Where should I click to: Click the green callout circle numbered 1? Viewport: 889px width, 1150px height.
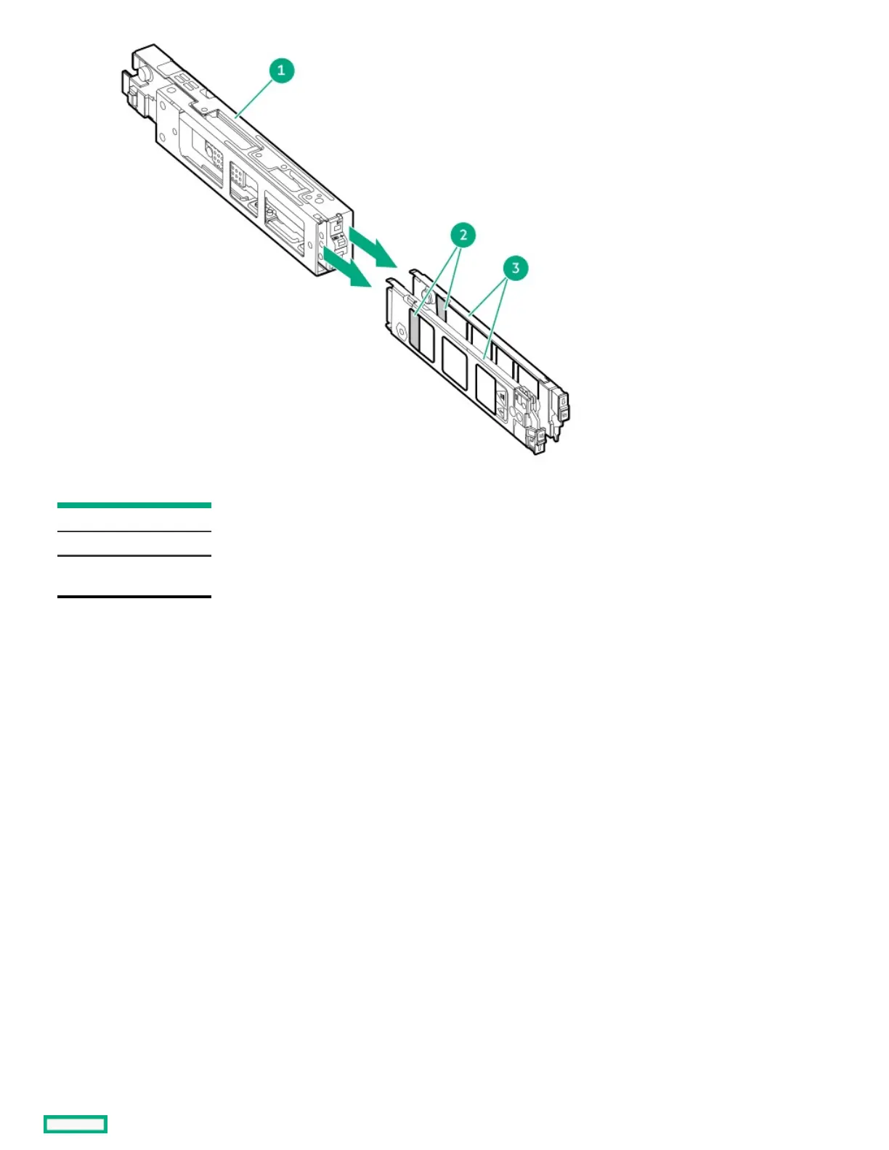[281, 70]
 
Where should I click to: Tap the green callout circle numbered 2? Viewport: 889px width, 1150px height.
[463, 235]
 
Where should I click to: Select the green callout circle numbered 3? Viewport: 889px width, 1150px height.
[516, 268]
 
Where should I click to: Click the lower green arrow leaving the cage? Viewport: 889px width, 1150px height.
[348, 269]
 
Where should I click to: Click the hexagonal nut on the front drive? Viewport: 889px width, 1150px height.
[399, 331]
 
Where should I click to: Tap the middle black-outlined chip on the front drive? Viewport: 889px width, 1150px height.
[455, 363]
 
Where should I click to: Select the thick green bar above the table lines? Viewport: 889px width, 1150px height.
[134, 505]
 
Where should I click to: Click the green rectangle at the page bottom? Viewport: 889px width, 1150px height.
[76, 1124]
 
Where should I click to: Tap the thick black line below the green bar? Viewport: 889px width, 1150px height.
[134, 596]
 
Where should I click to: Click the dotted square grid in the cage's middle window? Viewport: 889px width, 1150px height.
[237, 175]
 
